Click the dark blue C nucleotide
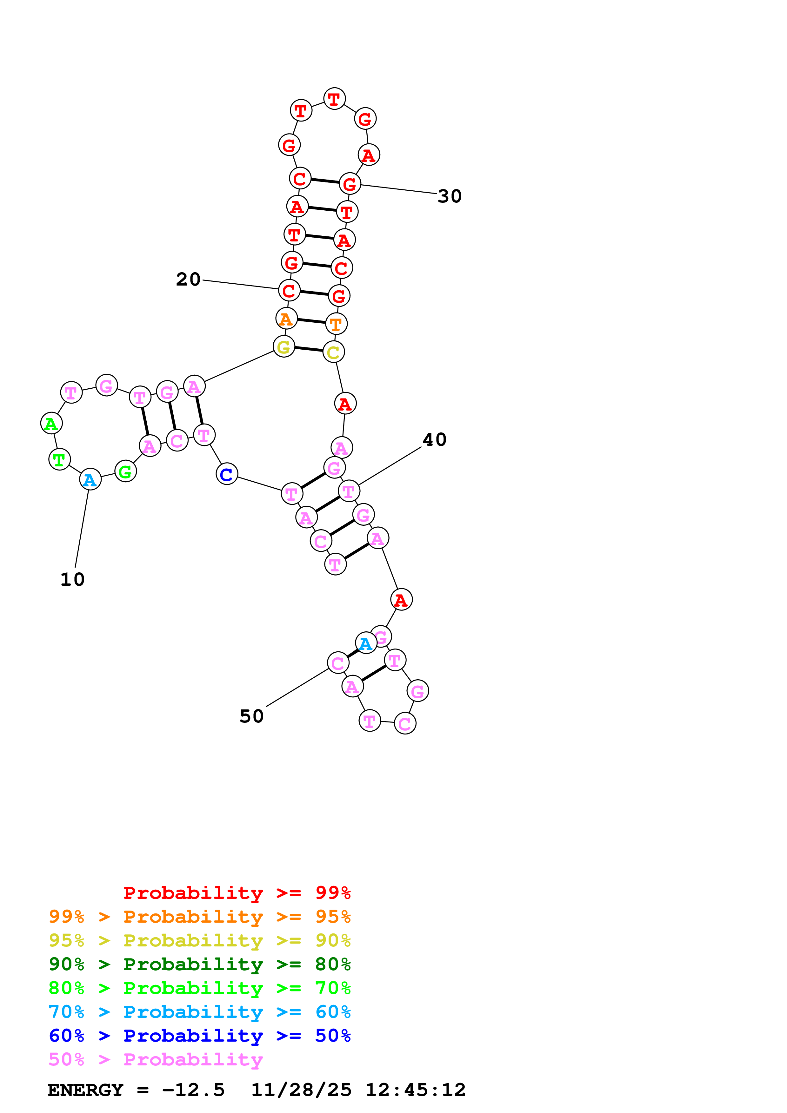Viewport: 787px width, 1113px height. (226, 474)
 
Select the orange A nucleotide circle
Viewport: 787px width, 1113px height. (286, 319)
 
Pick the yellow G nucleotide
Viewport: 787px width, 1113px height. (284, 346)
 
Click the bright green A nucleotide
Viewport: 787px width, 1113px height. (51, 424)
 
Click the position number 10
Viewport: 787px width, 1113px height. (72, 579)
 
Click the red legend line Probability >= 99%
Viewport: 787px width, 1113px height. (237, 892)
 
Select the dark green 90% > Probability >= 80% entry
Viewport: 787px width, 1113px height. (199, 964)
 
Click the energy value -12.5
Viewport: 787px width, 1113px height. (193, 1090)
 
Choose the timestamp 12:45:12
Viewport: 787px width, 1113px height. (415, 1090)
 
